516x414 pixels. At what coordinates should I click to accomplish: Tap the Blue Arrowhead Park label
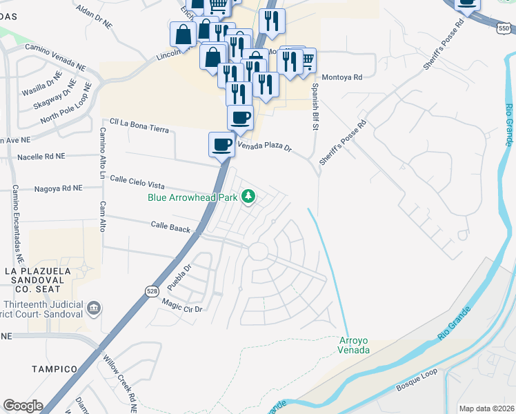(192, 197)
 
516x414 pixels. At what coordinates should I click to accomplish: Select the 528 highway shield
(151, 291)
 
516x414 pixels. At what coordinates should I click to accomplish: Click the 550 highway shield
(503, 28)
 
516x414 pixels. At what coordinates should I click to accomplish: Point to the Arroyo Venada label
(354, 345)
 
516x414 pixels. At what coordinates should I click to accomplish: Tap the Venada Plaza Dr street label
(266, 146)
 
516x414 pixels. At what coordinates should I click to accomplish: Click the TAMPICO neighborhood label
(53, 369)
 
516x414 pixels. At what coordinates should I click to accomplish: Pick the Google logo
(23, 406)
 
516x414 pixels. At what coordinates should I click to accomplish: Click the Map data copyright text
(486, 408)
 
